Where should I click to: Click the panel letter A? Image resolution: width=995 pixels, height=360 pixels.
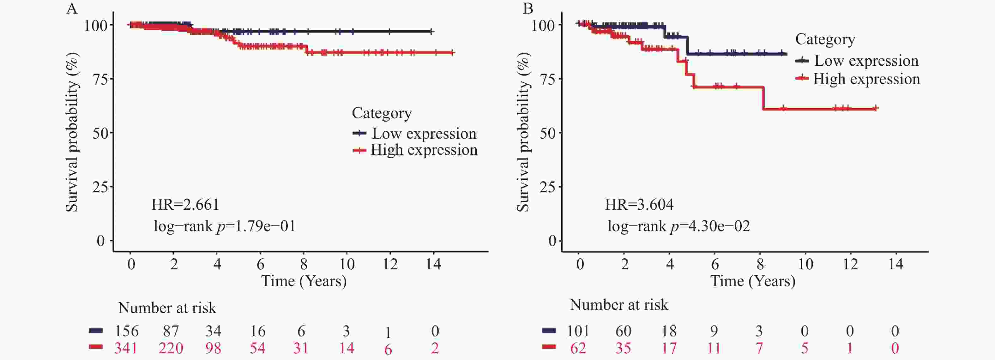click(72, 9)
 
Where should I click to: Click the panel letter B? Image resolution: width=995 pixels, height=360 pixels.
click(528, 9)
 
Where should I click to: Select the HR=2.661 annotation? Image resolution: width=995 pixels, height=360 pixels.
click(185, 204)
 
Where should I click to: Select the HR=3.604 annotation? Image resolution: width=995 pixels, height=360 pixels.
click(639, 204)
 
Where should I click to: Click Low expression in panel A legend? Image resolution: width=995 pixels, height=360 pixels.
click(424, 134)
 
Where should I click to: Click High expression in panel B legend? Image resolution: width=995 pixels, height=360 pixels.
click(866, 79)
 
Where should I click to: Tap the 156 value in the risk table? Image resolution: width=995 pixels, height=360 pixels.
click(126, 331)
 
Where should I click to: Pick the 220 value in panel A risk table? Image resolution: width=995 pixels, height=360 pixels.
click(171, 348)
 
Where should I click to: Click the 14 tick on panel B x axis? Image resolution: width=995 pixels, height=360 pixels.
click(895, 264)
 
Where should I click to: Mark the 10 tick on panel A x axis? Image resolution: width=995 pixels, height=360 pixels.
click(347, 264)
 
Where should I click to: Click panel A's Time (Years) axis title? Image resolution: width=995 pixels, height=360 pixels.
click(304, 281)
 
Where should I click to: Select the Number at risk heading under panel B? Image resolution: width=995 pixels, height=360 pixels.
click(618, 305)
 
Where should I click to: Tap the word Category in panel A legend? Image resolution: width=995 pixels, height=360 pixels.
click(382, 113)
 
